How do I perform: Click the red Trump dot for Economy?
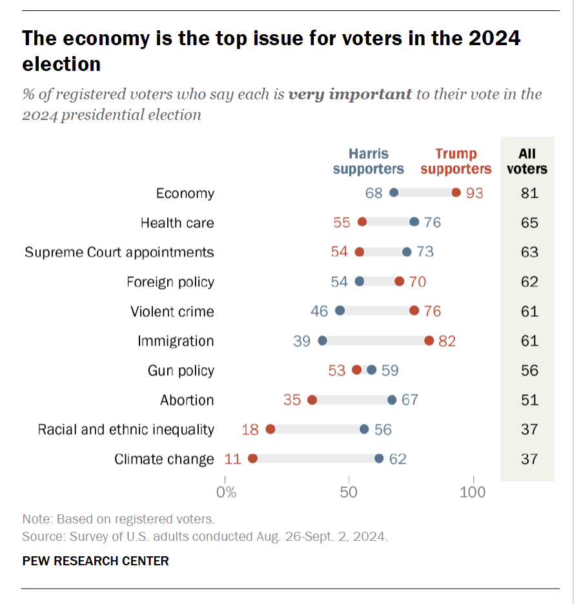(x=456, y=193)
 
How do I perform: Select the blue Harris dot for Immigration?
(x=323, y=341)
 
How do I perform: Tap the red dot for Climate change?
(x=252, y=459)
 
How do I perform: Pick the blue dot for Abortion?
(x=392, y=400)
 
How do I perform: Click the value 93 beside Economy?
(x=474, y=193)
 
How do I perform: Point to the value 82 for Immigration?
(x=447, y=341)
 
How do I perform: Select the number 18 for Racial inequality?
(x=250, y=430)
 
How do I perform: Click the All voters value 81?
(x=529, y=193)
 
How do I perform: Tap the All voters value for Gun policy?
(x=529, y=370)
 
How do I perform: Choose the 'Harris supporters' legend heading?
(x=368, y=161)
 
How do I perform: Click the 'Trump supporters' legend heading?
(x=456, y=161)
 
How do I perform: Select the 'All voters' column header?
(x=527, y=161)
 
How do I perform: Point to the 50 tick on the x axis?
(x=349, y=492)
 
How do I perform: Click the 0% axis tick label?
(x=226, y=492)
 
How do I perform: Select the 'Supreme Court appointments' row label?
(x=119, y=252)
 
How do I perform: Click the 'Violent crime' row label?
(x=172, y=312)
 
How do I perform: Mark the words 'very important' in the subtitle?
(x=350, y=94)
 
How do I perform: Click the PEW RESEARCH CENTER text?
(x=96, y=561)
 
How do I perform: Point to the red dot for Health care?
(x=362, y=223)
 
